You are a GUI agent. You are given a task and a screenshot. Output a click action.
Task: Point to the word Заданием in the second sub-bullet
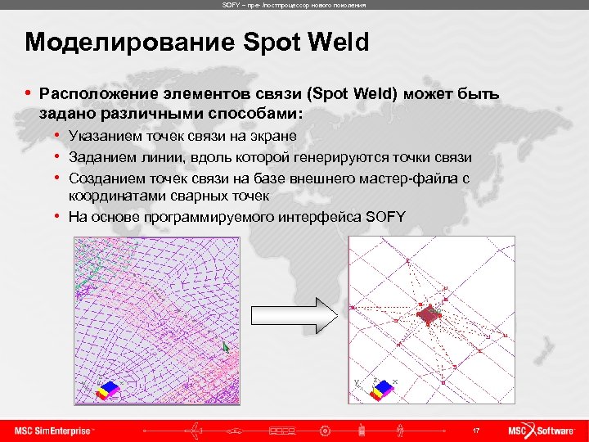point(99,156)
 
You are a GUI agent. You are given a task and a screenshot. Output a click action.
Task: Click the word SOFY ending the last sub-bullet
point(385,216)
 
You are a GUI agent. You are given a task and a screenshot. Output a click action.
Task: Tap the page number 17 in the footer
point(475,431)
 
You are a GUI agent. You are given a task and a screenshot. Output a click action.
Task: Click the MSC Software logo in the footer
point(541,431)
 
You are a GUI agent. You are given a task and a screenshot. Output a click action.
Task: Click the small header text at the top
point(294,5)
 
